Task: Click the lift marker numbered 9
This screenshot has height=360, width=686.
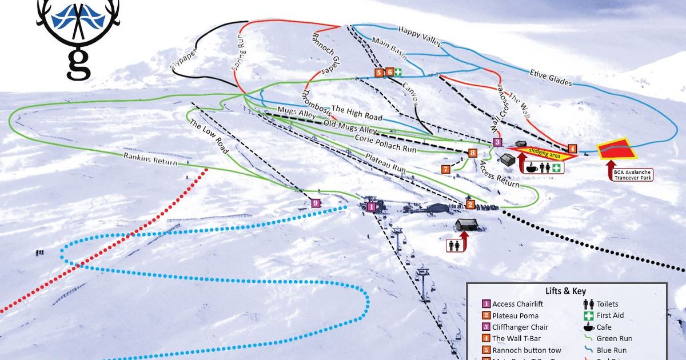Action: click(x=316, y=203)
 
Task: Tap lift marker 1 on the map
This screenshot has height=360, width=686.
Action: click(x=371, y=206)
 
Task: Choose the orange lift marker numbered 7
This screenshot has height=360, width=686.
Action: click(x=446, y=169)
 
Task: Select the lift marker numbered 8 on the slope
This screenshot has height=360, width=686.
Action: click(x=472, y=153)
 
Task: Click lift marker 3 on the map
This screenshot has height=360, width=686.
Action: click(x=497, y=142)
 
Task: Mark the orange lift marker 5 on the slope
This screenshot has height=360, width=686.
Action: click(x=378, y=72)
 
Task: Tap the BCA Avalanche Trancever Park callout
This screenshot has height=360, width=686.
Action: click(x=628, y=174)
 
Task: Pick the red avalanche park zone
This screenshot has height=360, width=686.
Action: click(x=617, y=148)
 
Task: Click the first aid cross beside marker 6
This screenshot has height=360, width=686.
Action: click(x=398, y=72)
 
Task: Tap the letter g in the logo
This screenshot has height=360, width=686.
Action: click(x=78, y=64)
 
